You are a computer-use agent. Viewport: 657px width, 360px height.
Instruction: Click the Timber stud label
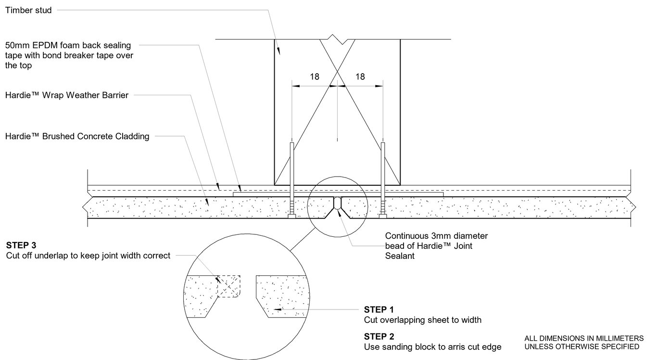[28, 10]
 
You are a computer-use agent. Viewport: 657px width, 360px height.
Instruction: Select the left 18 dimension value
[315, 77]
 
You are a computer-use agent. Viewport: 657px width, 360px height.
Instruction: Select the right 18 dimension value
[360, 77]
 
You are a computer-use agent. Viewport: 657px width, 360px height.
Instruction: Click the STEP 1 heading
[379, 309]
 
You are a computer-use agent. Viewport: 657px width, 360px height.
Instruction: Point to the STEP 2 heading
[379, 336]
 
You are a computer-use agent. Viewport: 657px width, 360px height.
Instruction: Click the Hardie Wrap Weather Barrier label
[66, 95]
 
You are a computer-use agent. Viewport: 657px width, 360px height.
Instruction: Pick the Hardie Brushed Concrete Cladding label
[77, 136]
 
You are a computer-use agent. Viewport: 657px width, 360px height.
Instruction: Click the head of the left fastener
[292, 217]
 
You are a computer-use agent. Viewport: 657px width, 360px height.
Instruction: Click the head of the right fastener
[383, 217]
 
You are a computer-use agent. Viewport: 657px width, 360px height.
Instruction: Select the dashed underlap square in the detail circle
[229, 286]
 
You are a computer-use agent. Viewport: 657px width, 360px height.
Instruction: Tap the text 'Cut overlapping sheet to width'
[422, 320]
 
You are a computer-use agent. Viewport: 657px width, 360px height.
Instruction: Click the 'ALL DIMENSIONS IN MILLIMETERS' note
[584, 338]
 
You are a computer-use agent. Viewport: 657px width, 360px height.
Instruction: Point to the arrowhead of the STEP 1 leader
[275, 309]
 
